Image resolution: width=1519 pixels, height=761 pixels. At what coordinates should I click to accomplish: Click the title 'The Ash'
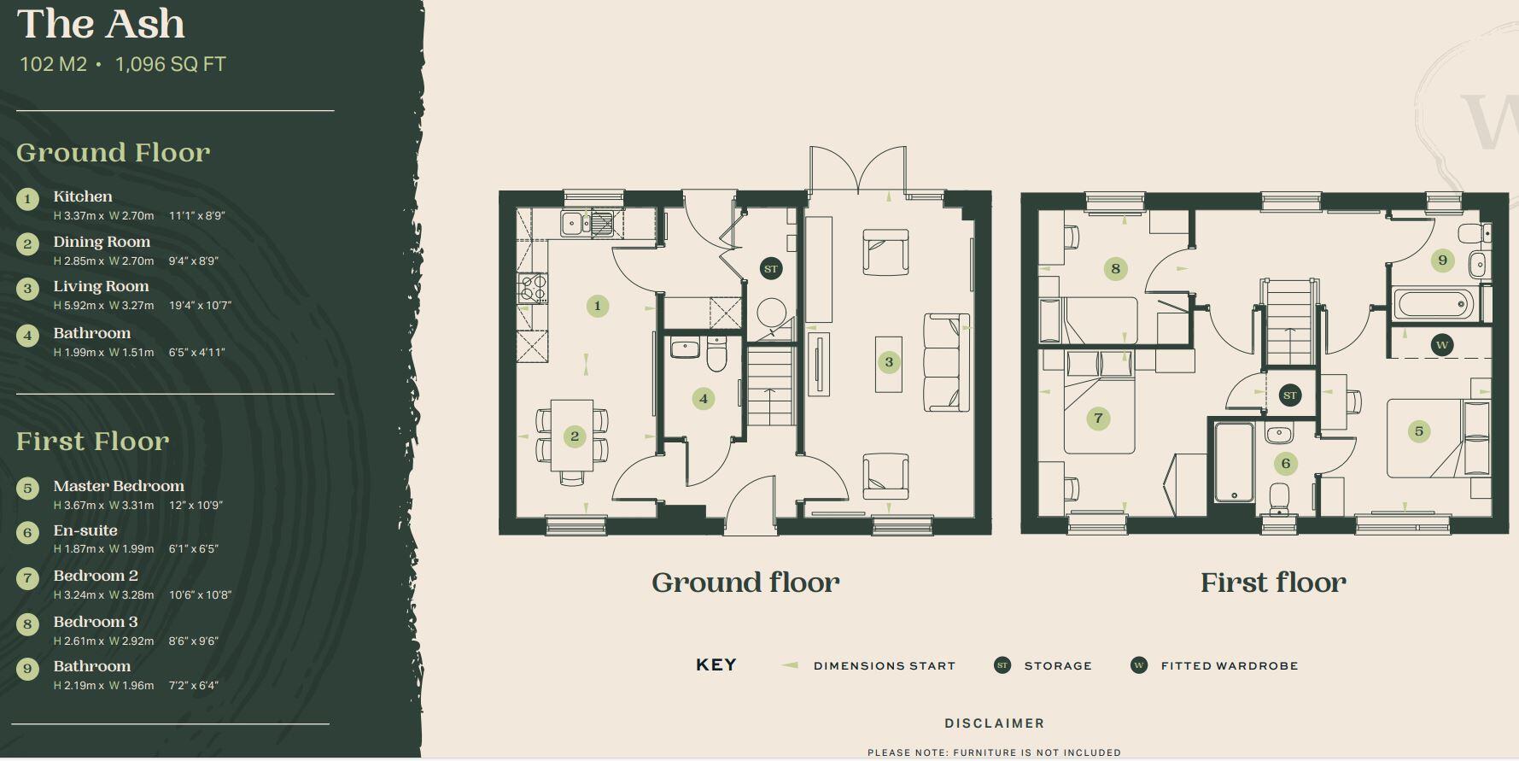tap(101, 23)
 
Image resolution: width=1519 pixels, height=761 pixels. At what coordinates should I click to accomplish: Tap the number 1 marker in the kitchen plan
tap(598, 306)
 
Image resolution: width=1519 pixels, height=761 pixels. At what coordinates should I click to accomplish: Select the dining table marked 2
tap(572, 436)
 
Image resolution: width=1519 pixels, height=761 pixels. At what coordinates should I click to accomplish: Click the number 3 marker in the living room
tap(889, 362)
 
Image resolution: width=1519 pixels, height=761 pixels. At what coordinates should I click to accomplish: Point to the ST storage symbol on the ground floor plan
tap(771, 269)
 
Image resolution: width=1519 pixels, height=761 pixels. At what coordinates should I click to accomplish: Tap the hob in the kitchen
tap(533, 288)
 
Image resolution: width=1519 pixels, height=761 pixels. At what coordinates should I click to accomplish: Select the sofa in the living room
tap(947, 362)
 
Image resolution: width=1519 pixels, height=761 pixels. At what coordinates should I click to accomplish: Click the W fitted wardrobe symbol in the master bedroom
tap(1442, 345)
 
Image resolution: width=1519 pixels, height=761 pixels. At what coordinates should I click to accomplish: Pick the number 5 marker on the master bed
tap(1419, 431)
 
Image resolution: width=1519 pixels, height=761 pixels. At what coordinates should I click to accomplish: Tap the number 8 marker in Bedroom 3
tap(1115, 269)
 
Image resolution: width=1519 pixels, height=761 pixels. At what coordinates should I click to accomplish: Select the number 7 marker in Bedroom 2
tap(1098, 419)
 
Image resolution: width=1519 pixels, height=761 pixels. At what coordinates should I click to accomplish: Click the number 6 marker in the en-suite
tap(1286, 464)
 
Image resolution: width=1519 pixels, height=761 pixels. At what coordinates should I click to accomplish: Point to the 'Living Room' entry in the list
tap(101, 286)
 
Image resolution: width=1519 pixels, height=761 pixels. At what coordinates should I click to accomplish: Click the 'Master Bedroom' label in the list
tap(119, 486)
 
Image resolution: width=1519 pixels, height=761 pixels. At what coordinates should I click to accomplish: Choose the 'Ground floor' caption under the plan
tap(745, 582)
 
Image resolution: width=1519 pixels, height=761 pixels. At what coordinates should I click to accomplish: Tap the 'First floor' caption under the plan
tap(1273, 582)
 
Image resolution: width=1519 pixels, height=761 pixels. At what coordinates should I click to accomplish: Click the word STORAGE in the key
tap(1058, 665)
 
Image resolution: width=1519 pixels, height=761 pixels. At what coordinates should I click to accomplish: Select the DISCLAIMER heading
tap(995, 723)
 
